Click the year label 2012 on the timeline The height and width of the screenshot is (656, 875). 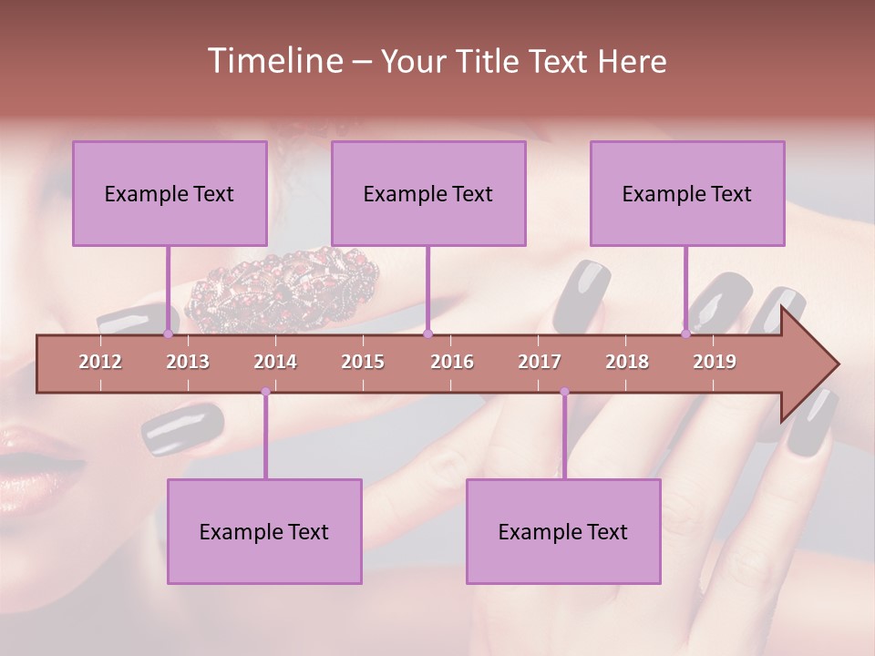click(x=100, y=362)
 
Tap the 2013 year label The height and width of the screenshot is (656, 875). click(x=188, y=362)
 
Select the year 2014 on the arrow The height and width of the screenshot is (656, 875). click(x=275, y=362)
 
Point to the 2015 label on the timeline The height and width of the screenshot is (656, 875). click(x=363, y=362)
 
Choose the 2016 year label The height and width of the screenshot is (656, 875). click(x=452, y=362)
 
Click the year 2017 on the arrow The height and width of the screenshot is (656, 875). click(x=540, y=362)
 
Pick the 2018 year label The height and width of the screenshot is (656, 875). click(x=627, y=362)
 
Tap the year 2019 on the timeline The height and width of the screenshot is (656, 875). click(x=715, y=362)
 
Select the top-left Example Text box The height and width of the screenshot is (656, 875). click(x=170, y=193)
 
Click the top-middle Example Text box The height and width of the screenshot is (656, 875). click(x=428, y=193)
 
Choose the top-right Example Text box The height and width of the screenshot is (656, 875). click(x=687, y=193)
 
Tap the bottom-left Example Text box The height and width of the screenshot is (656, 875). click(x=264, y=531)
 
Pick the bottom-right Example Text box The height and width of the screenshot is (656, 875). click(x=563, y=531)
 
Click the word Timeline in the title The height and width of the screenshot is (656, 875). click(x=273, y=61)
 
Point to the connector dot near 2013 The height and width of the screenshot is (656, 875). click(x=168, y=333)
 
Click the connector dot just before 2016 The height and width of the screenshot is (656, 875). click(x=428, y=333)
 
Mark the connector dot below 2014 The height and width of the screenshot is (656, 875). click(x=265, y=392)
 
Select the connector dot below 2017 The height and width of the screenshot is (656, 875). click(x=564, y=392)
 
